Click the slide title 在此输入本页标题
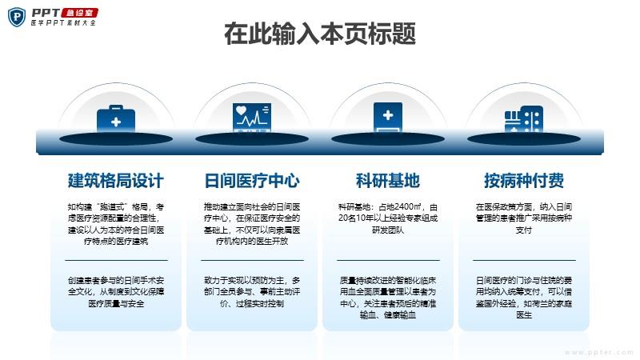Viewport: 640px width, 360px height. (320, 34)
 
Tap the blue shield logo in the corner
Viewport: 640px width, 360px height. (17, 17)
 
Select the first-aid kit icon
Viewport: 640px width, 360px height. (116, 118)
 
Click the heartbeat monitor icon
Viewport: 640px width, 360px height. (252, 118)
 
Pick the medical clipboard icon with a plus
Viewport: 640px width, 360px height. (388, 118)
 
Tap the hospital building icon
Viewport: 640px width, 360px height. (524, 119)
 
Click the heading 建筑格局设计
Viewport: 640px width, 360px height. (116, 181)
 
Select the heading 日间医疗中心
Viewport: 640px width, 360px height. (252, 181)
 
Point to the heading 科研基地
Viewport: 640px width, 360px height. (388, 181)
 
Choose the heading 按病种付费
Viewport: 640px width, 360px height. (524, 181)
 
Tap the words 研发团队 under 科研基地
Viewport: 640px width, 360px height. (388, 230)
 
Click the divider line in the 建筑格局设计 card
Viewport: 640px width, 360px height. (116, 260)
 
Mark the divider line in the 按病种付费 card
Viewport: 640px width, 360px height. (524, 260)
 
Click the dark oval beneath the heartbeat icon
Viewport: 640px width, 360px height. (252, 139)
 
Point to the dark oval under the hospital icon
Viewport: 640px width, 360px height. (524, 139)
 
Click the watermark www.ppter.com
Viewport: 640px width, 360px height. (598, 352)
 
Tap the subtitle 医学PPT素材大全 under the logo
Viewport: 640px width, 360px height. (63, 23)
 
